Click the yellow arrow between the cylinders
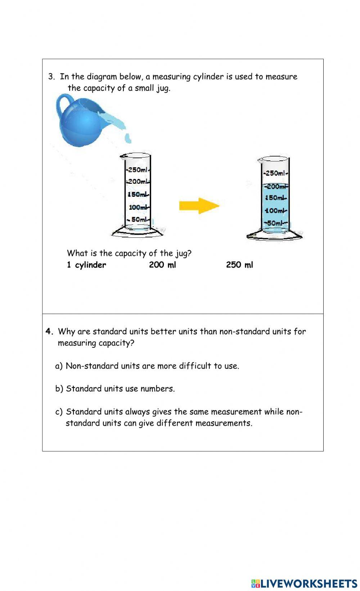199,206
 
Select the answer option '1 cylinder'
86,265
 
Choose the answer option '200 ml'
162,265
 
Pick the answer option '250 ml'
239,265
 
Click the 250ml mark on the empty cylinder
138,170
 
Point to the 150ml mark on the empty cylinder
138,195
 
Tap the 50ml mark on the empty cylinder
139,219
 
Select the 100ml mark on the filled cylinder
276,210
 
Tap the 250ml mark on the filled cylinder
276,173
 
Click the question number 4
49,332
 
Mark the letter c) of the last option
59,412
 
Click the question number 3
51,77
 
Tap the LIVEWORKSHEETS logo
304,583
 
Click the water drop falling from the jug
128,138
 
